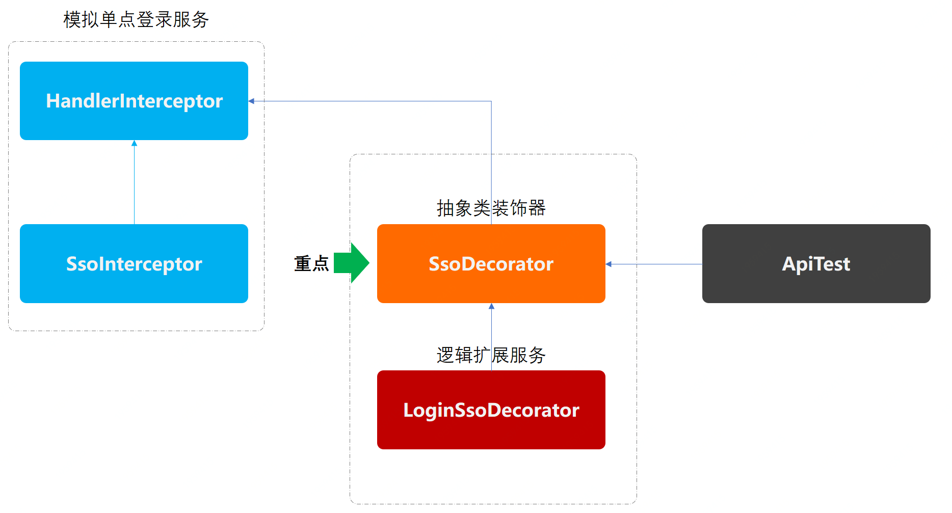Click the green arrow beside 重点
tap(352, 263)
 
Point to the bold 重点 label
tap(311, 263)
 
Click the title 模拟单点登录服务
tap(136, 20)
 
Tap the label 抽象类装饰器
tap(491, 208)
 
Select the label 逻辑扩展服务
tap(491, 355)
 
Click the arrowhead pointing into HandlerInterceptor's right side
tap(251, 101)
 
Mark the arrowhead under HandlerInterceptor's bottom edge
tap(134, 144)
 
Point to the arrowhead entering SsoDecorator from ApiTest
tap(609, 264)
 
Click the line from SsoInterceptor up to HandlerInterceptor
tap(134, 183)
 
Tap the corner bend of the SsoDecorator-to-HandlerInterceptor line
tap(491, 101)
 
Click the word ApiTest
tap(816, 264)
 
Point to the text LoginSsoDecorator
tap(491, 410)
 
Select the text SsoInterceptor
tap(134, 264)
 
